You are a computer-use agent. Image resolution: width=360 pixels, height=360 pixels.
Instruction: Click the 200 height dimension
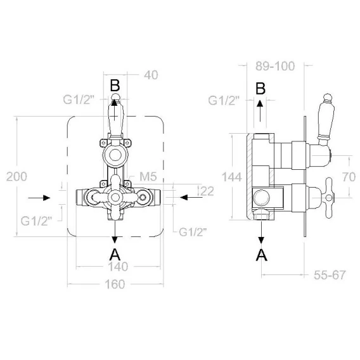pos(16,177)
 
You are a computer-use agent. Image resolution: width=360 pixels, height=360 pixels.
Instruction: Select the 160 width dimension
pos(115,284)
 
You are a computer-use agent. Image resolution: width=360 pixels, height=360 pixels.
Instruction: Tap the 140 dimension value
pos(118,267)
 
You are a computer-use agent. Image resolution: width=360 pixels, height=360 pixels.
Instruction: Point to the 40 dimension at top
pos(151,75)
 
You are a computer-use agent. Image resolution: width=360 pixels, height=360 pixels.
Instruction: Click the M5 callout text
pos(148,177)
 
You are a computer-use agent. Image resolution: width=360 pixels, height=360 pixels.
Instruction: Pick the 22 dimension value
pos(207,191)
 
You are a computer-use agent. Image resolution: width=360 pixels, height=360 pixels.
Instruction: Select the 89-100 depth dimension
pos(275,66)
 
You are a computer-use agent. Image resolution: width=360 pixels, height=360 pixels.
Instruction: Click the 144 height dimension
pos(232,177)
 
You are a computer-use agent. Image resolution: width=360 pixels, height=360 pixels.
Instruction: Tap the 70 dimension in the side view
pos(349,177)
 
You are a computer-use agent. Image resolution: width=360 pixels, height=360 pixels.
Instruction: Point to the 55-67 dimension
pos(330,275)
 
